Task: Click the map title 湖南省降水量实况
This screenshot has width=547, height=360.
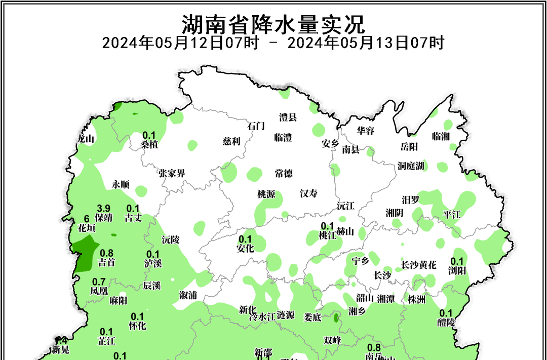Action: [273, 23]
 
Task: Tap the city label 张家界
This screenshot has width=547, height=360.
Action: [171, 173]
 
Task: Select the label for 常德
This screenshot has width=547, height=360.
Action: [284, 173]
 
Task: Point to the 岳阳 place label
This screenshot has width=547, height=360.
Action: [409, 147]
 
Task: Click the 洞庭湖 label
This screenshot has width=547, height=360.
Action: [411, 166]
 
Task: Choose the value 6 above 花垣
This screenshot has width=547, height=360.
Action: [86, 218]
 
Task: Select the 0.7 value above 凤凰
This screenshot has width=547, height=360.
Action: [99, 282]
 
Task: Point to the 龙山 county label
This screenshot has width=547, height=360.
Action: [86, 139]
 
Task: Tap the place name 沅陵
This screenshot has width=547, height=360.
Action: [171, 239]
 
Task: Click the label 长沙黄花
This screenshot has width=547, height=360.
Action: [418, 265]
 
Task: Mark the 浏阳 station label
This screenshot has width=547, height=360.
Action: [457, 270]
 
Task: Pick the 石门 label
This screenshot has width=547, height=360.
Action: [256, 126]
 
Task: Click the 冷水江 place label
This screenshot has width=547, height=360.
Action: [262, 316]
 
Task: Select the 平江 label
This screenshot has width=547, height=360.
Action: [452, 214]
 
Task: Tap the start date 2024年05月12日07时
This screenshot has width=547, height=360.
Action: [181, 43]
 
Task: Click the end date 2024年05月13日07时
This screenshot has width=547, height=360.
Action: [365, 43]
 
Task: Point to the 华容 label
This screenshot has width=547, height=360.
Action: [366, 131]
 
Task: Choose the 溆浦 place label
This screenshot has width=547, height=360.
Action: [188, 295]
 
